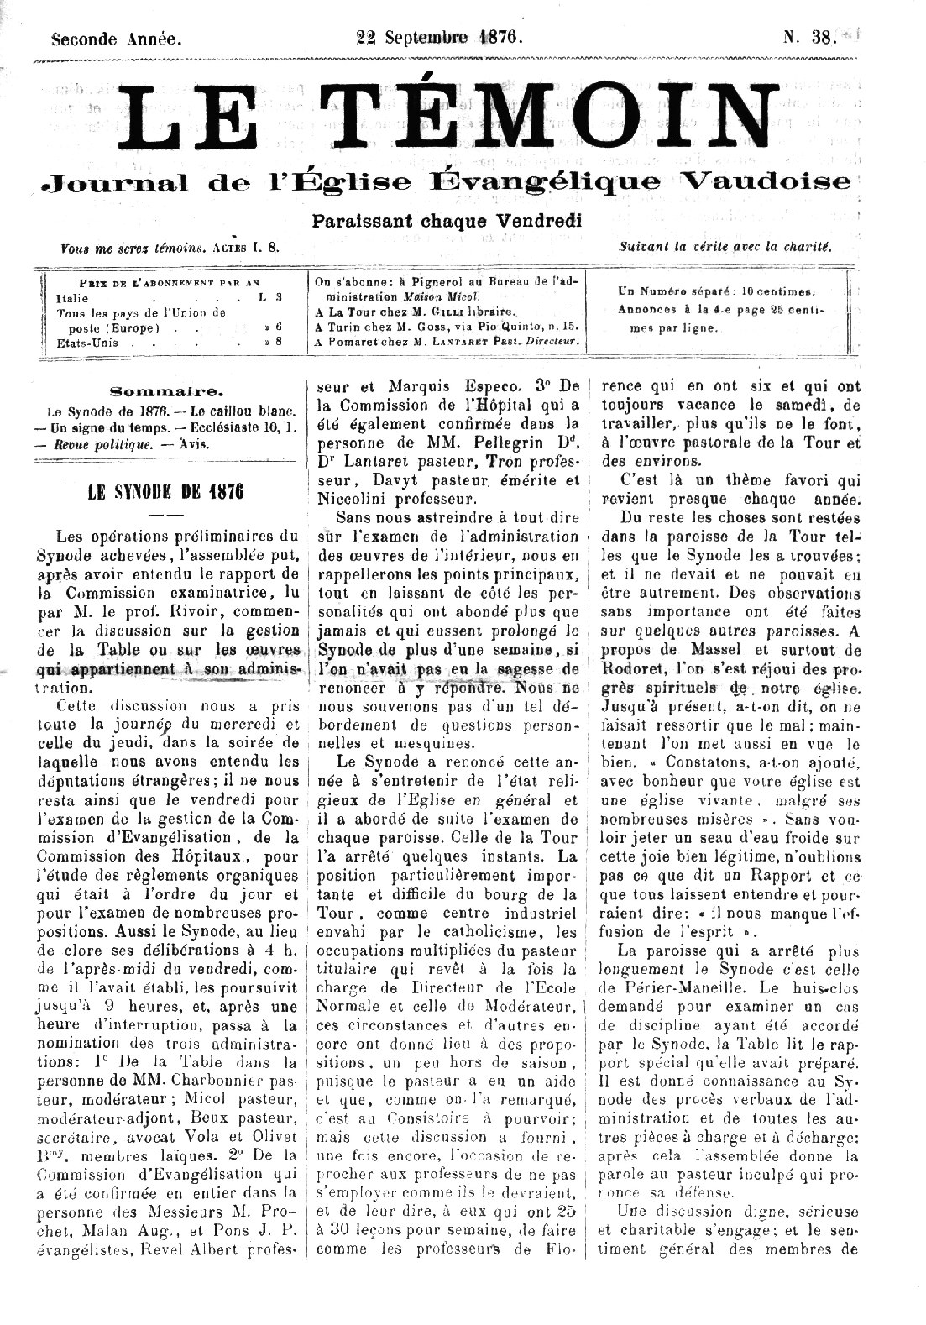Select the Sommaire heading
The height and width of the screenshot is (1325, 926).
[166, 390]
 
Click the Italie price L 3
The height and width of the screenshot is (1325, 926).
[270, 297]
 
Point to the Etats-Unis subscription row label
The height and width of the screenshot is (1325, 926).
[87, 343]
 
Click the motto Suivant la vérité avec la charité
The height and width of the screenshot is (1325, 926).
[724, 247]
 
